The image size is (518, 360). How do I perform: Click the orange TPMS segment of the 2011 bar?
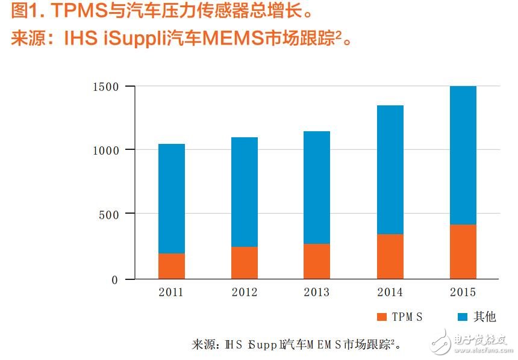172,266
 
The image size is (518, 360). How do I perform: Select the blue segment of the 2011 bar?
172,199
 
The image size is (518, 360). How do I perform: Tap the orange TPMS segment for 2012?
245,263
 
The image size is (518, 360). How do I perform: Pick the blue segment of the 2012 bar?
245,192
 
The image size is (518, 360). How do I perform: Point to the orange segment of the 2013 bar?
317,261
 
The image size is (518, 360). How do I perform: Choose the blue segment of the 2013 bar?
317,187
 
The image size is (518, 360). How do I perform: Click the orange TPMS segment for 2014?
390,256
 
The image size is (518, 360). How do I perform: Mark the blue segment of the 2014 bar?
390,170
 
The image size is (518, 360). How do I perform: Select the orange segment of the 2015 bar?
463,252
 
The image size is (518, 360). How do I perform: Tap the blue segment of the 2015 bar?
463,155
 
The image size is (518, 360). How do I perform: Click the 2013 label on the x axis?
317,293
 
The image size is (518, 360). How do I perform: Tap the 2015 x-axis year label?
463,293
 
